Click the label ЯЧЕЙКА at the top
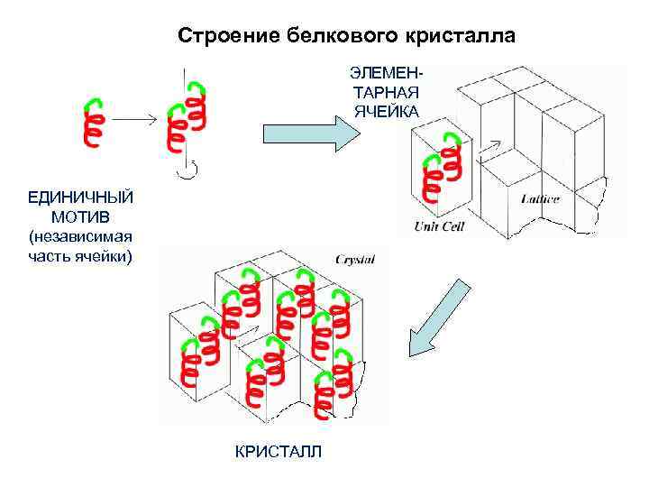(386, 111)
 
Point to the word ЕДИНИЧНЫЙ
(80, 197)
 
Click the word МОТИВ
(80, 216)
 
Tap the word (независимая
(80, 237)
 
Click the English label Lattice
(540, 198)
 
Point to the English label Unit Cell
(439, 226)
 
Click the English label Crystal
(355, 259)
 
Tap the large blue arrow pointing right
(310, 133)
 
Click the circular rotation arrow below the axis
(187, 169)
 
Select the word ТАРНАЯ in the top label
(386, 91)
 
